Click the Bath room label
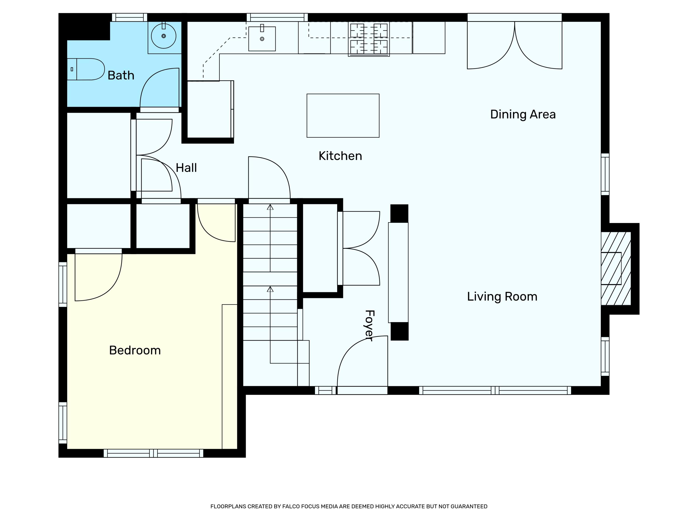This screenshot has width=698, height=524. click(121, 75)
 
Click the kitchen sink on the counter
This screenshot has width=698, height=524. click(262, 38)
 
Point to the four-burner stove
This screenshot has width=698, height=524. click(369, 39)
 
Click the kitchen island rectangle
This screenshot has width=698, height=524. click(343, 116)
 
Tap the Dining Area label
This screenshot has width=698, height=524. click(523, 114)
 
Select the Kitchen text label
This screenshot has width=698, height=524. click(340, 156)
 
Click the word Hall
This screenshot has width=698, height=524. click(186, 168)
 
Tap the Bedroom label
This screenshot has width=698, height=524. click(135, 350)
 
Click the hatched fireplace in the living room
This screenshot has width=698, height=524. click(615, 269)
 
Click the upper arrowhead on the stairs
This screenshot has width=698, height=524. click(270, 207)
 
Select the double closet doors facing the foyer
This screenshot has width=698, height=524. click(360, 248)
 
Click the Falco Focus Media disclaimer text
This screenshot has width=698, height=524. click(349, 506)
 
